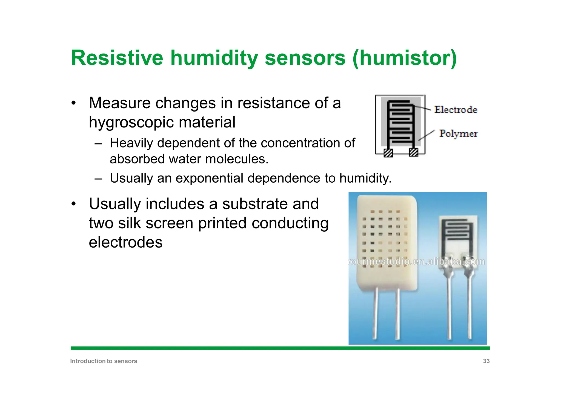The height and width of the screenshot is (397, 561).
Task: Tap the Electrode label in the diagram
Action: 456,110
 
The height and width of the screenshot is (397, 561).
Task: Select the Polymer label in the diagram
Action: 458,134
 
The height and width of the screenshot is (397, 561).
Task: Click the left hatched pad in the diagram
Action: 388,152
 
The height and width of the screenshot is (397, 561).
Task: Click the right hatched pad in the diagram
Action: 413,152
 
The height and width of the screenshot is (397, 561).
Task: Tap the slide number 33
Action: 486,361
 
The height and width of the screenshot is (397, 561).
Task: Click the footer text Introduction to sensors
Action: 104,361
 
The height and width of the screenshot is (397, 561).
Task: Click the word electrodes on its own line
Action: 126,242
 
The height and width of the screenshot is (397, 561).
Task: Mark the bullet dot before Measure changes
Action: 73,104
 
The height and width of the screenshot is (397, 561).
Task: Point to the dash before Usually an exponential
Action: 98,179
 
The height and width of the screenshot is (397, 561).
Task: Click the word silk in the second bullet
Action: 130,223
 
